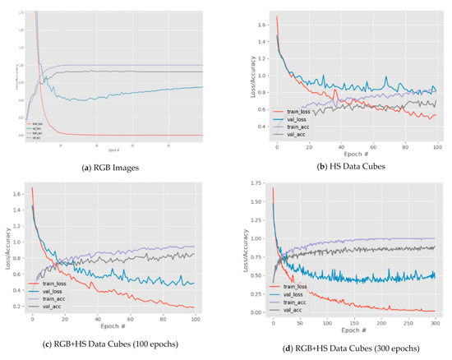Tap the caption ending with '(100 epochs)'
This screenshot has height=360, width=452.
tap(112, 341)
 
